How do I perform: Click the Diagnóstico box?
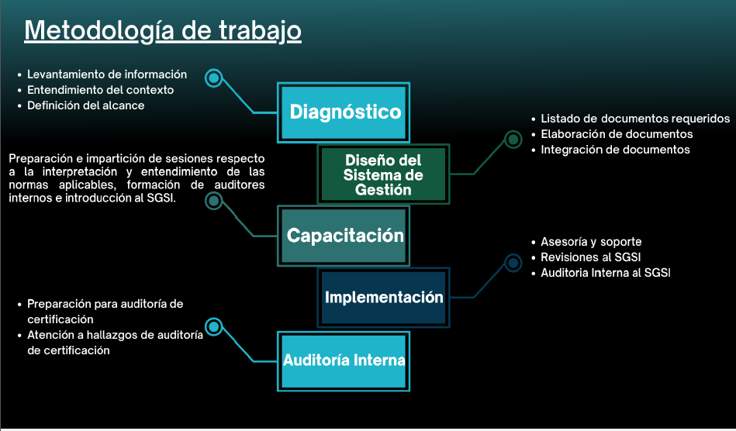pos(344,112)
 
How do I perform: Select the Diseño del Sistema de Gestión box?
pos(383,174)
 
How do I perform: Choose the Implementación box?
pos(383,297)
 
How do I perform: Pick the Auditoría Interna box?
pos(344,360)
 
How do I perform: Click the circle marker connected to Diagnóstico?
pos(214,78)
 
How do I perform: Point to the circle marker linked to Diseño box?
pos(513,140)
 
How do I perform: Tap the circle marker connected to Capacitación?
pos(214,202)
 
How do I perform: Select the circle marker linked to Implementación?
pos(513,263)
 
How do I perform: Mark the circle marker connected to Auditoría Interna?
pos(214,326)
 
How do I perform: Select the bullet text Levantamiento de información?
pos(107,74)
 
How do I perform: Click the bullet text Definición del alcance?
pos(85,105)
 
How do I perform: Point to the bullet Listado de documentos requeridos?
pos(635,119)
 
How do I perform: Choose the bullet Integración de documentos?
pos(615,150)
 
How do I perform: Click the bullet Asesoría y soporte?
pos(591,242)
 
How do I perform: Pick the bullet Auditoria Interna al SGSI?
pos(605,273)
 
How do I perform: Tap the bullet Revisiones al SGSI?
pos(590,257)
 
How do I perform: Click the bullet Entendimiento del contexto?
pos(100,90)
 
